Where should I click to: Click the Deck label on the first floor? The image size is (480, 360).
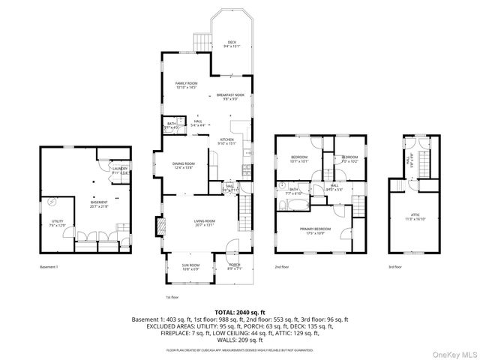pos(232,43)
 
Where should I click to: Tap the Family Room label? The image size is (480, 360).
pos(185,85)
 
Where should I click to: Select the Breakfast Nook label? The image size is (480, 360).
pos(230,97)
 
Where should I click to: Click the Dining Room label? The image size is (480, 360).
pos(184,166)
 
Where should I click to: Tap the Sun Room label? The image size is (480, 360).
pos(190,267)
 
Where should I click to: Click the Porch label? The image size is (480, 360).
pos(234,266)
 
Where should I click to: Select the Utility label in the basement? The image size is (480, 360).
pos(57,223)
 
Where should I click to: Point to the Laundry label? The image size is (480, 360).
pos(120,170)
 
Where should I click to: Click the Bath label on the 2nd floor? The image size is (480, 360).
pos(294,191)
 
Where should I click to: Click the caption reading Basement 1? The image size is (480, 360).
pos(49,267)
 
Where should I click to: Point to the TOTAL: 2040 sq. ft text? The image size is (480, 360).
pos(240,311)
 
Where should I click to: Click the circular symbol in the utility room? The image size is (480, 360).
pos(52,201)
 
